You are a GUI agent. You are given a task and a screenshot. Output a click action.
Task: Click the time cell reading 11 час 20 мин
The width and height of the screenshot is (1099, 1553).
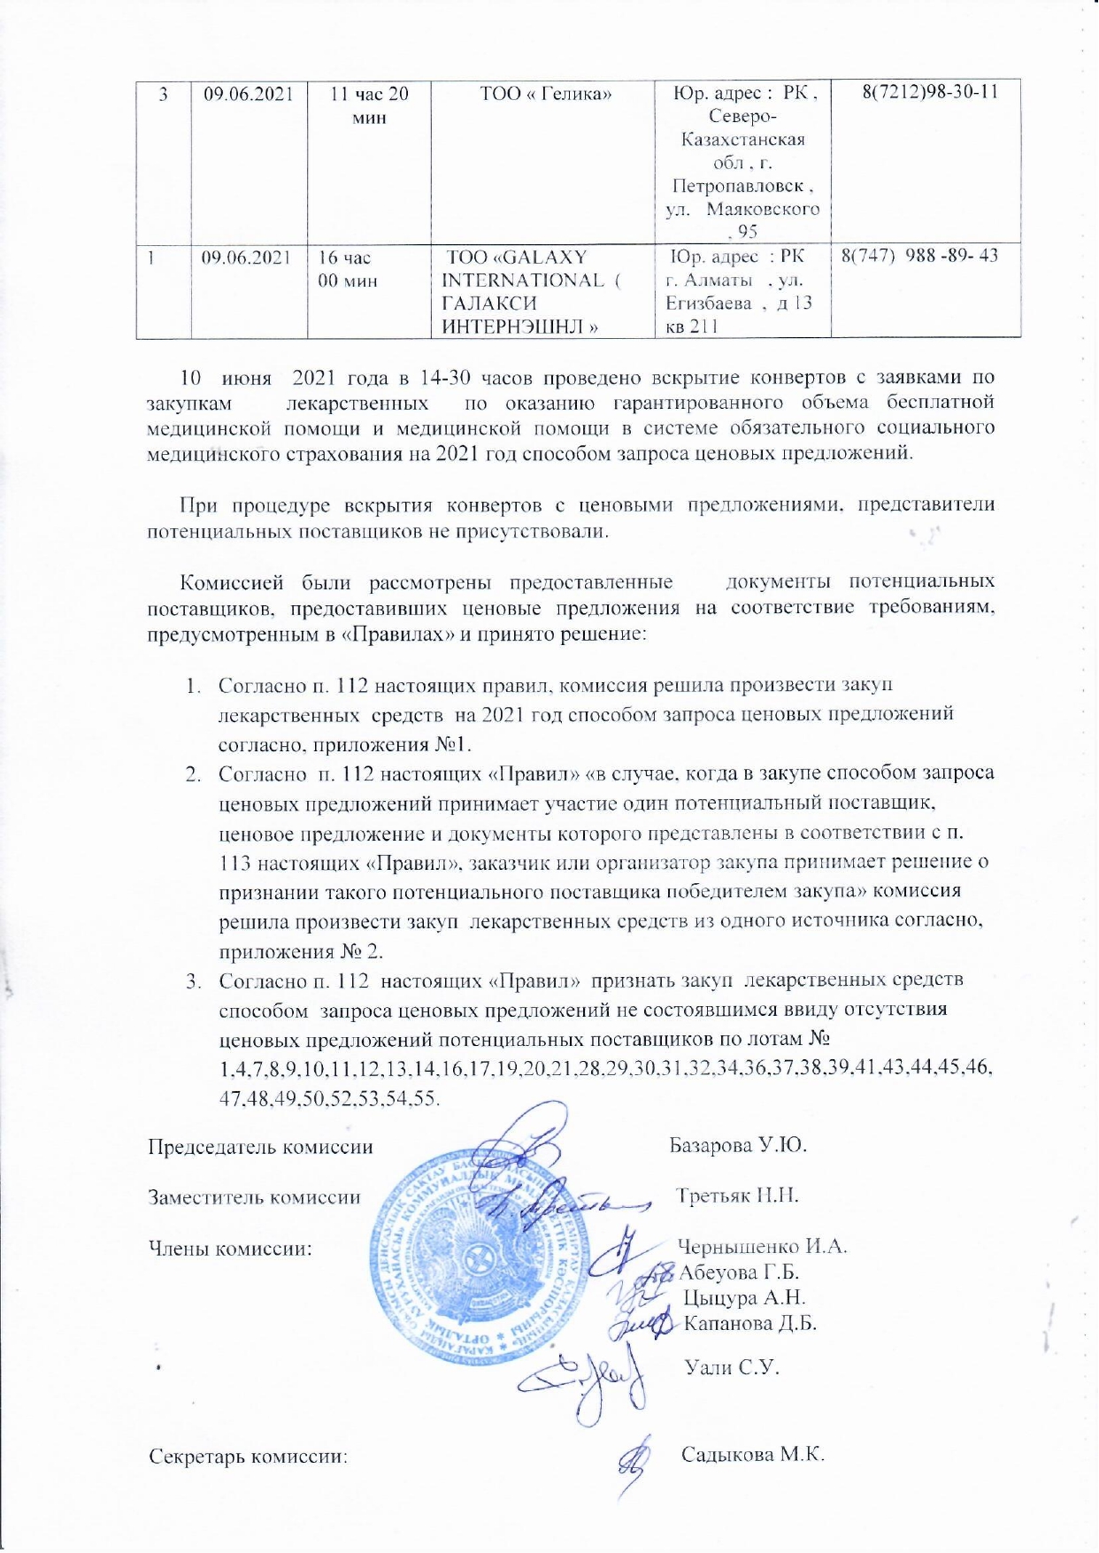(369, 105)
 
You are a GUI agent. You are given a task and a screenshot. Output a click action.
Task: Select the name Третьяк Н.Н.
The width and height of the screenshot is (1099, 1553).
(737, 1196)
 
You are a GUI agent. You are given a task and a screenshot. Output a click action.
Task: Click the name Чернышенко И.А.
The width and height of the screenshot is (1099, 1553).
(762, 1247)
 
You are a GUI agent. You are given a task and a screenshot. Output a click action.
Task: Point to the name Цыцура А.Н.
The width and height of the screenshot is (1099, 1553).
(744, 1298)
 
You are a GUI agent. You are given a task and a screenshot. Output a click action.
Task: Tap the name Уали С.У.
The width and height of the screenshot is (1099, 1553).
(732, 1367)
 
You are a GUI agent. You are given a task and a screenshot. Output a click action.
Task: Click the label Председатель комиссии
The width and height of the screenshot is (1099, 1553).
(259, 1146)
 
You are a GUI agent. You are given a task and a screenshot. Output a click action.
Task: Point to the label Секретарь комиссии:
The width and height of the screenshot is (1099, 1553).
(249, 1456)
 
